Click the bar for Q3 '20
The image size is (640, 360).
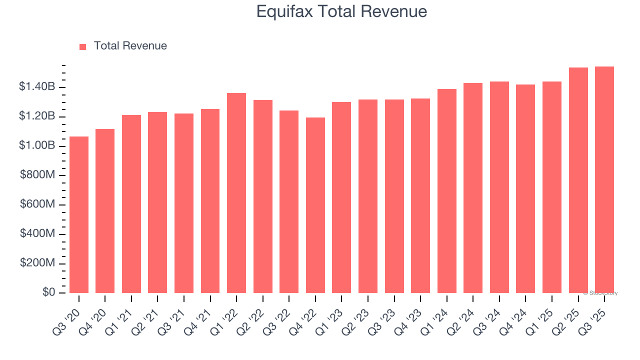point(79,215)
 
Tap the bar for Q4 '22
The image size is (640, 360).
point(315,205)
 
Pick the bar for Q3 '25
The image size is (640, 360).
point(604,180)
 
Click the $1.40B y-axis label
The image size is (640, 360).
point(37,87)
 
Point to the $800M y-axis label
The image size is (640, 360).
point(37,175)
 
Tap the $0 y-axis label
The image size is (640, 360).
point(48,292)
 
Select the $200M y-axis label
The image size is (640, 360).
point(37,263)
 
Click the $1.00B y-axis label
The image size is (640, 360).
point(37,145)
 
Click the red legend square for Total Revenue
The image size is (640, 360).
point(83,46)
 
